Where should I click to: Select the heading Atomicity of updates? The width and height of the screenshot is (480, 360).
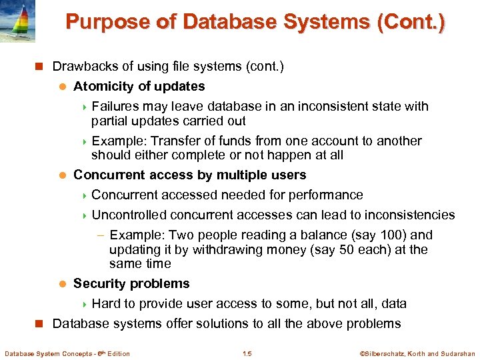pos(139,86)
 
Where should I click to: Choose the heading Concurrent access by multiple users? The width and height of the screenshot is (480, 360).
pos(189,175)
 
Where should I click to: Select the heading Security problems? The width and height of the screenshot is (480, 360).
pos(131,283)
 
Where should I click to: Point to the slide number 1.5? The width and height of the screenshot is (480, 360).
pos(247,353)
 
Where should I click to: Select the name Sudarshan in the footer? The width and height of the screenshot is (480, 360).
pos(456,353)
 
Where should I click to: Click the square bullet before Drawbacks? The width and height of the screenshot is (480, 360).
pos(39,67)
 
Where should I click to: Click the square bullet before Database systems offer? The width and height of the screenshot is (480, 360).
pos(39,324)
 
